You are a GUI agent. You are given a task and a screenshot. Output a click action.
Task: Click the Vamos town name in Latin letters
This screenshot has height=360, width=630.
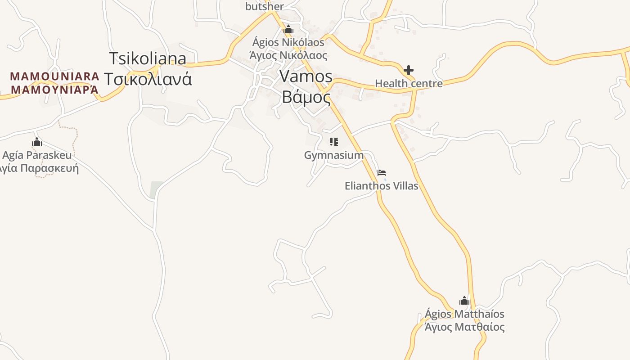[x=306, y=76]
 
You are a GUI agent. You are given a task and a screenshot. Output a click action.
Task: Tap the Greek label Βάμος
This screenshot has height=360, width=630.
[x=306, y=97]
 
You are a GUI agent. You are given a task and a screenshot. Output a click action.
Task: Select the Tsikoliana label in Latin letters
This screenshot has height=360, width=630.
[x=148, y=59]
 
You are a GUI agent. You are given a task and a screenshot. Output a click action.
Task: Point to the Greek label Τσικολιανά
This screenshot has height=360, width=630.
[x=148, y=79]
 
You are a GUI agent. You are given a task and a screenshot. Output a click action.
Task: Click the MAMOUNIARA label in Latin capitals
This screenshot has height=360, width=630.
[x=54, y=76]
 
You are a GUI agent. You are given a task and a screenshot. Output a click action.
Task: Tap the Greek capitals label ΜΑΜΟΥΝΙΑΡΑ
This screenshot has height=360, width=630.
[x=54, y=89]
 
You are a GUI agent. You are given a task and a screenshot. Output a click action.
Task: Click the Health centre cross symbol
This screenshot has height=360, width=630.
[x=409, y=70]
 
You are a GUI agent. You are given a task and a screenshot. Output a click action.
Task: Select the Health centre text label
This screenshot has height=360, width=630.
[x=409, y=84]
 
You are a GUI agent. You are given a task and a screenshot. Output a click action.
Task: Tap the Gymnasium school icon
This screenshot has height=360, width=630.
[x=334, y=142]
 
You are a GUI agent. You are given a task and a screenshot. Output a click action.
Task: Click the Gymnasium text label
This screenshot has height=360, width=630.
[x=334, y=155]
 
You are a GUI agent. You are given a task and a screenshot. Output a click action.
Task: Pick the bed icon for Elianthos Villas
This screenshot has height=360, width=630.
[x=382, y=173]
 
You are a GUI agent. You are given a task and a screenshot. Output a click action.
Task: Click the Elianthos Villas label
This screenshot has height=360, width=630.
[x=382, y=186]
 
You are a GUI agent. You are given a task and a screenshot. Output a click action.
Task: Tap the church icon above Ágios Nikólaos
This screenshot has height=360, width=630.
[x=288, y=30]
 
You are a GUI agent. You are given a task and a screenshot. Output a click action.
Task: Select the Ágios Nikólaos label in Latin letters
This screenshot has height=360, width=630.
[x=288, y=42]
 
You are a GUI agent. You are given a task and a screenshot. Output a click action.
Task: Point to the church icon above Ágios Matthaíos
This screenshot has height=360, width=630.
[x=464, y=301]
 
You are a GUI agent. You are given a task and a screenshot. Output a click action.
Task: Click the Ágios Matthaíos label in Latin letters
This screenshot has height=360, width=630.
[x=464, y=314]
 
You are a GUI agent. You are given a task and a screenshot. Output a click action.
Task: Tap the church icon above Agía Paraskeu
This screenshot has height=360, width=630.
[x=37, y=142]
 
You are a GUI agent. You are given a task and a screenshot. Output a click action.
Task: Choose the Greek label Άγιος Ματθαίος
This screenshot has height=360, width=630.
[x=464, y=327]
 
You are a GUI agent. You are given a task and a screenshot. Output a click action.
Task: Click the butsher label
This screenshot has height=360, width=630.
[x=265, y=6]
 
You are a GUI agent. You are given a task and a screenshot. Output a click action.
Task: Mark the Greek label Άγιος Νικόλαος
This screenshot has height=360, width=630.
[x=288, y=56]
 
